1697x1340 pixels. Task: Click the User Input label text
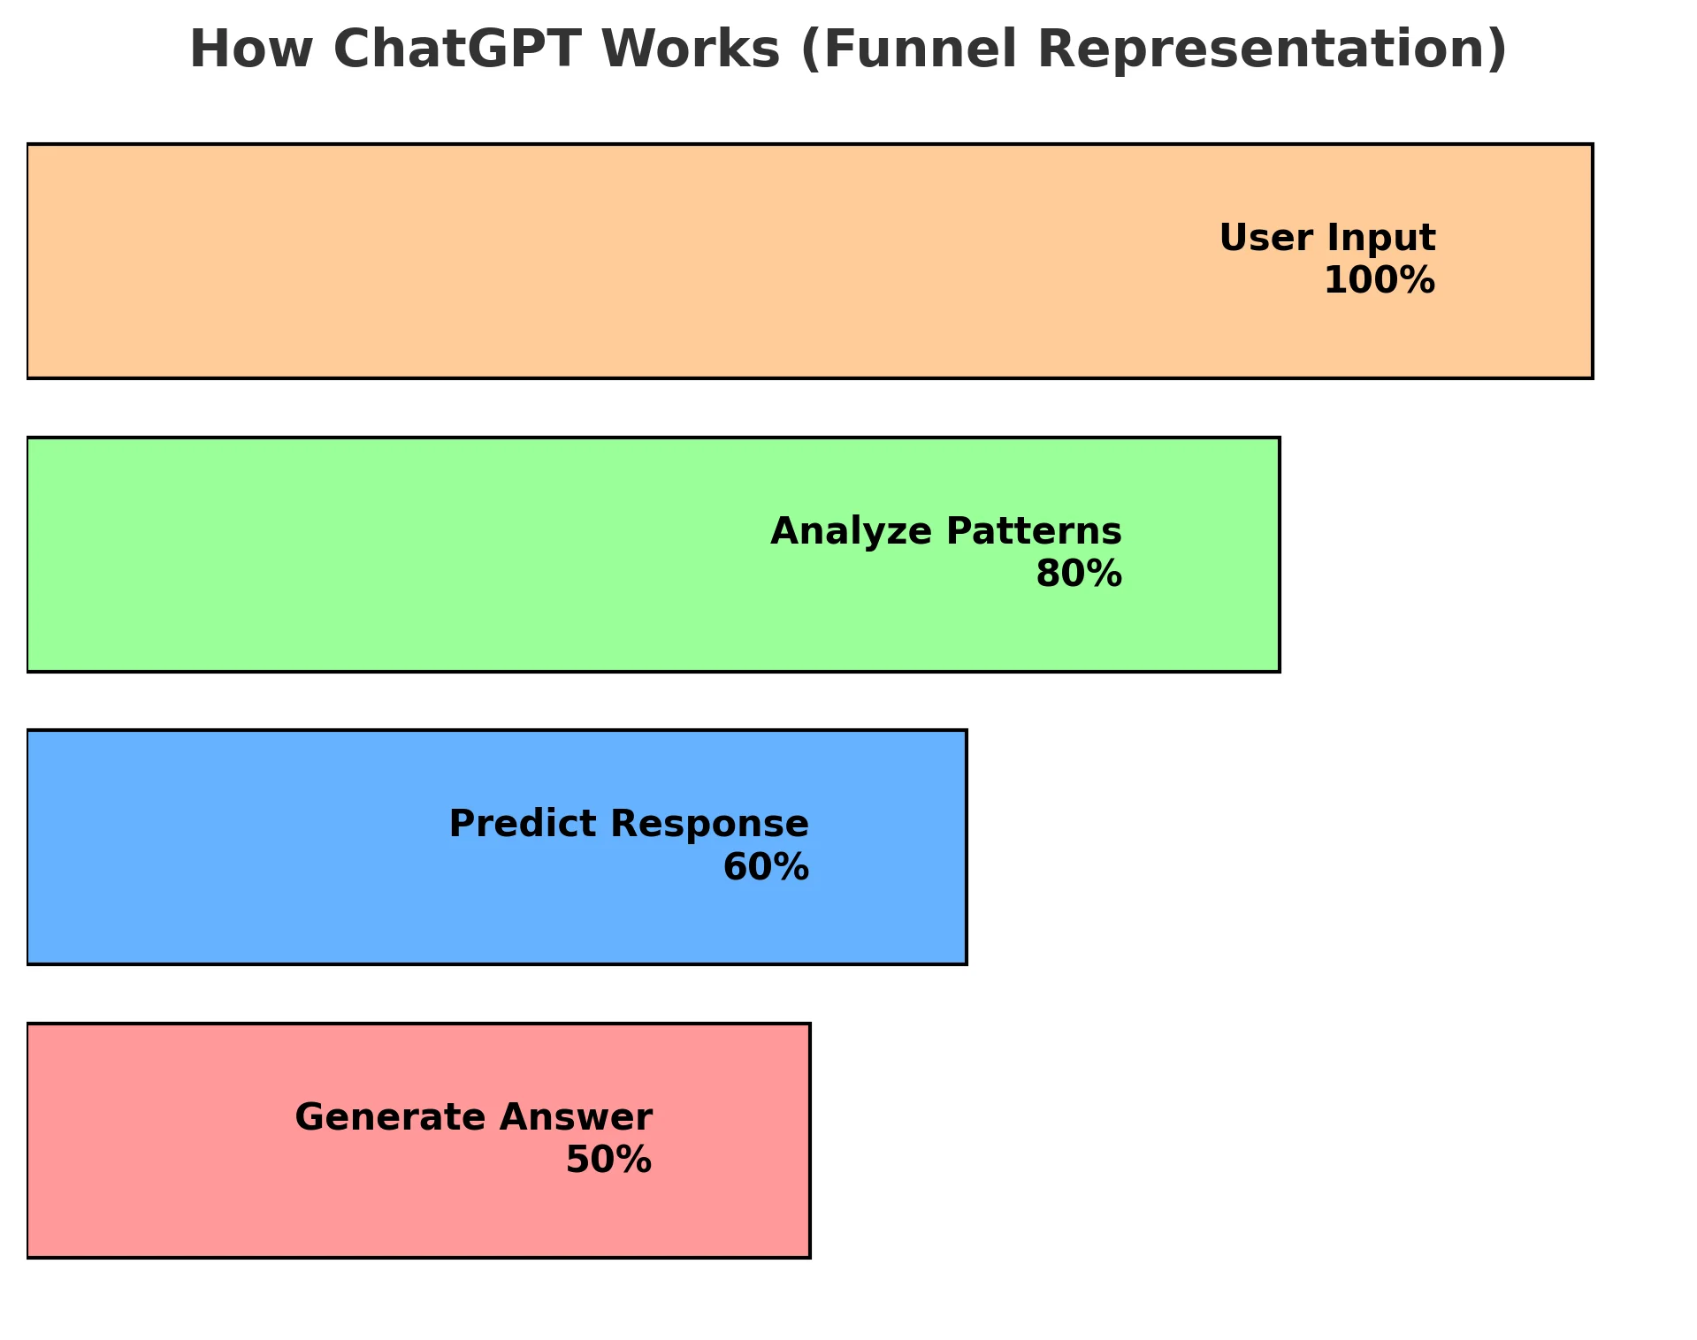[1326, 239]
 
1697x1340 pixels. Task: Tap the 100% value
[1379, 282]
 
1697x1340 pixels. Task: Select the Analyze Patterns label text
[945, 532]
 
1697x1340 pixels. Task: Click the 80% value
[1078, 575]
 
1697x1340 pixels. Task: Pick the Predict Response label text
[629, 825]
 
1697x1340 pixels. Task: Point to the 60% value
[765, 868]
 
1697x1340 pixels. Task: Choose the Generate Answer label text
[473, 1118]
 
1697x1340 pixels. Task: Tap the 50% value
[608, 1161]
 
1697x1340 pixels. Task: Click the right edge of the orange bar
[1592, 262]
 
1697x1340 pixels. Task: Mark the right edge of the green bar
[1279, 554]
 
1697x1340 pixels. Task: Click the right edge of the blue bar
[966, 847]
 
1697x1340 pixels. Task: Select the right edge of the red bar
[809, 1140]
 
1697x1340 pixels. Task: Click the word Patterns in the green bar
[1034, 532]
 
